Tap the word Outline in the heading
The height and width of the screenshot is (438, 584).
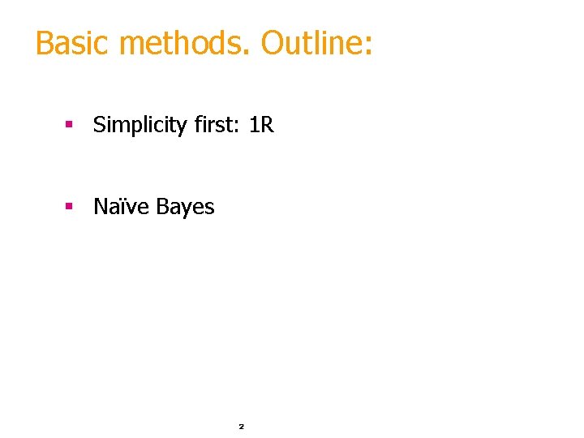pyautogui.click(x=311, y=43)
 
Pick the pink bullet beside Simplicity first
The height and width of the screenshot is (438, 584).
pyautogui.click(x=70, y=125)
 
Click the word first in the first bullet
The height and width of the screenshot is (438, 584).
pyautogui.click(x=215, y=125)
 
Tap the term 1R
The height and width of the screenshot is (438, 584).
pyautogui.click(x=262, y=125)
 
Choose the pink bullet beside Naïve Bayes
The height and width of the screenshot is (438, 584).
pyautogui.click(x=70, y=207)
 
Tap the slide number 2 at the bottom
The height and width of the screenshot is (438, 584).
pyautogui.click(x=241, y=426)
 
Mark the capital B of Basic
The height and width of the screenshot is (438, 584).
pyautogui.click(x=44, y=43)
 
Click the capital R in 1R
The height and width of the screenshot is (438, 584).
pyautogui.click(x=268, y=125)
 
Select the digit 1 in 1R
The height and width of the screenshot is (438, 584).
pyautogui.click(x=255, y=125)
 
